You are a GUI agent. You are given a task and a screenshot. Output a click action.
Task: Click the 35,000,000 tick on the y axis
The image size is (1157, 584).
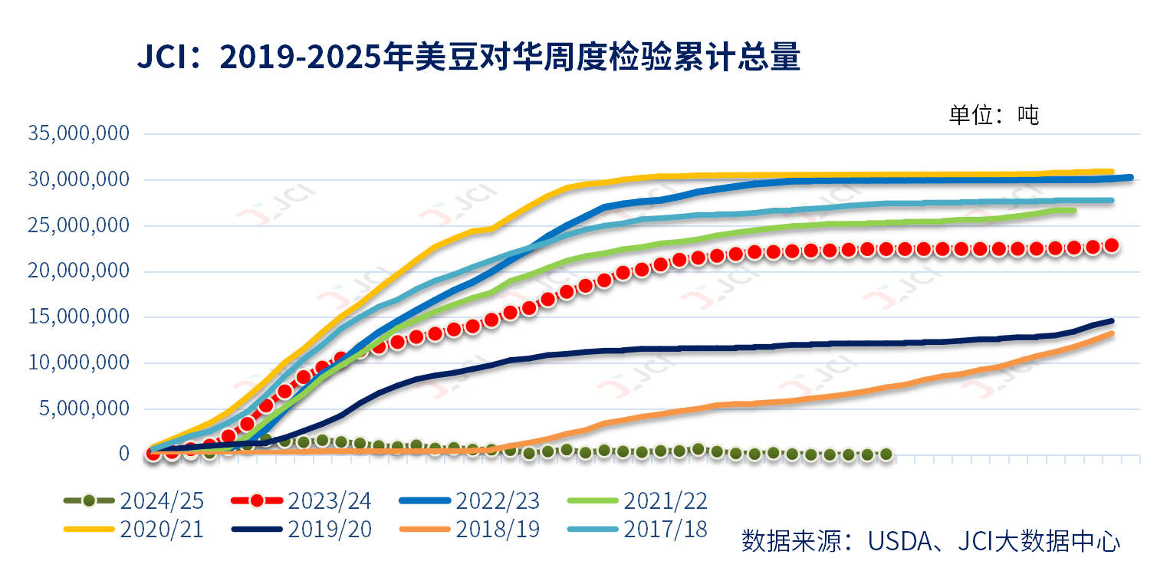tap(78, 134)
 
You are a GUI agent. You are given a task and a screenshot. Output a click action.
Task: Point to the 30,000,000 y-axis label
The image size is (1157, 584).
tap(78, 180)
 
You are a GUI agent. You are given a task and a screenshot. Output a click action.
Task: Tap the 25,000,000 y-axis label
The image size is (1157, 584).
tap(78, 226)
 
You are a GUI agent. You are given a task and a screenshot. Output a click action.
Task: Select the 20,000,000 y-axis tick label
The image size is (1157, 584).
tap(78, 271)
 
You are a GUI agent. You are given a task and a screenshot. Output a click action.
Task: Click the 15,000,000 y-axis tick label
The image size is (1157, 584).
tap(78, 317)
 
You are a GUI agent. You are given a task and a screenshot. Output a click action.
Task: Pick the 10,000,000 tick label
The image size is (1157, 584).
tap(78, 363)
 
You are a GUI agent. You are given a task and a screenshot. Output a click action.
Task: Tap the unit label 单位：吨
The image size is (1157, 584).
tap(994, 115)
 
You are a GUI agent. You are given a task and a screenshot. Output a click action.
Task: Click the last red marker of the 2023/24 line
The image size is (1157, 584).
tap(1112, 245)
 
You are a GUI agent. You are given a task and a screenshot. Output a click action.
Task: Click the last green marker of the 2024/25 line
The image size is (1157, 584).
tap(886, 454)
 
